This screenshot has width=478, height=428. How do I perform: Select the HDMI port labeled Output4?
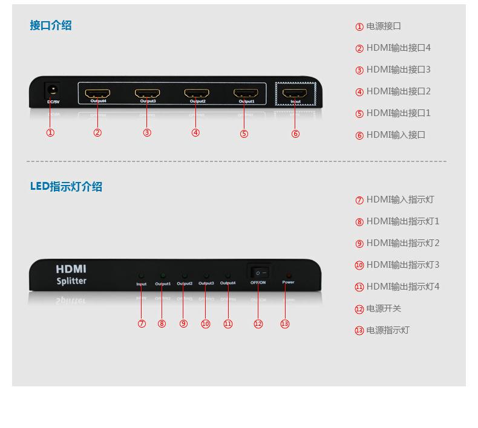97,94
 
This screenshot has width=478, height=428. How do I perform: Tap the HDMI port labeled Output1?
246,94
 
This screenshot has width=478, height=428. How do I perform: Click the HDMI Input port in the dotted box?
295,94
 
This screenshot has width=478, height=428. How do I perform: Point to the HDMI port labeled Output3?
147,94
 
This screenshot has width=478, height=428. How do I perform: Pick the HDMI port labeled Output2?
197,94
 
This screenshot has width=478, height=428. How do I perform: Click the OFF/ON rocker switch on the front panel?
258,273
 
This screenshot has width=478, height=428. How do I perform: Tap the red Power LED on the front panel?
289,275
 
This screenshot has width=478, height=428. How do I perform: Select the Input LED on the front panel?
142,276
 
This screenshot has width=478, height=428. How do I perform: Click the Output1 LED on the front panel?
163,276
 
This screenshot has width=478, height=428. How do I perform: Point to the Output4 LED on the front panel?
228,276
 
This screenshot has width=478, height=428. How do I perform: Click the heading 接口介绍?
51,25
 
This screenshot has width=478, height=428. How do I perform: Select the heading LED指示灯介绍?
66,187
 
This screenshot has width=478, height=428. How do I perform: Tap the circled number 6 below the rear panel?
295,134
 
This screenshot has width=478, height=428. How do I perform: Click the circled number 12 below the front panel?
258,324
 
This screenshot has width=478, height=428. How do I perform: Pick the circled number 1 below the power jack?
50,133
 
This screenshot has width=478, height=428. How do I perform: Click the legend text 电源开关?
384,308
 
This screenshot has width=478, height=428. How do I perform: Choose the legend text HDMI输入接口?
396,135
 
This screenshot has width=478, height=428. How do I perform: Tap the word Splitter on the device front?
71,281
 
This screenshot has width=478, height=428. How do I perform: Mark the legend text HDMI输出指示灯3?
402,265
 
